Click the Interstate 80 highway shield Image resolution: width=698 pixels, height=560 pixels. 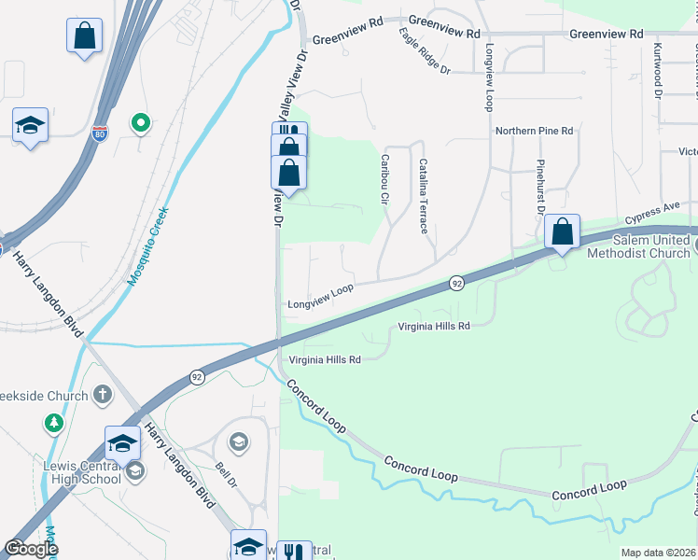pyautogui.click(x=100, y=133)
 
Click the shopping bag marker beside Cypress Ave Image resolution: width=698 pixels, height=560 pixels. pyautogui.click(x=563, y=232)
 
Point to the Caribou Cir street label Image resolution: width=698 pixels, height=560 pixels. pyautogui.click(x=384, y=178)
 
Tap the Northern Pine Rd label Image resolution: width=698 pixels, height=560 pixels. pyautogui.click(x=534, y=132)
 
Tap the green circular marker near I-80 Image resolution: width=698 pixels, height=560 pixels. pyautogui.click(x=141, y=122)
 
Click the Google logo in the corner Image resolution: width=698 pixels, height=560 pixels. pyautogui.click(x=31, y=549)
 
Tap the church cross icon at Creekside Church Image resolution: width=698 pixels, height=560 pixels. pyautogui.click(x=103, y=396)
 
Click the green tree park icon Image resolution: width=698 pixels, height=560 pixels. pyautogui.click(x=54, y=424)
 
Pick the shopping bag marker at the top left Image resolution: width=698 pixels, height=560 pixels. pyautogui.click(x=84, y=37)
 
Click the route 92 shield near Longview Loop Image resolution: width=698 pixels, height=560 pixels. pyautogui.click(x=456, y=282)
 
